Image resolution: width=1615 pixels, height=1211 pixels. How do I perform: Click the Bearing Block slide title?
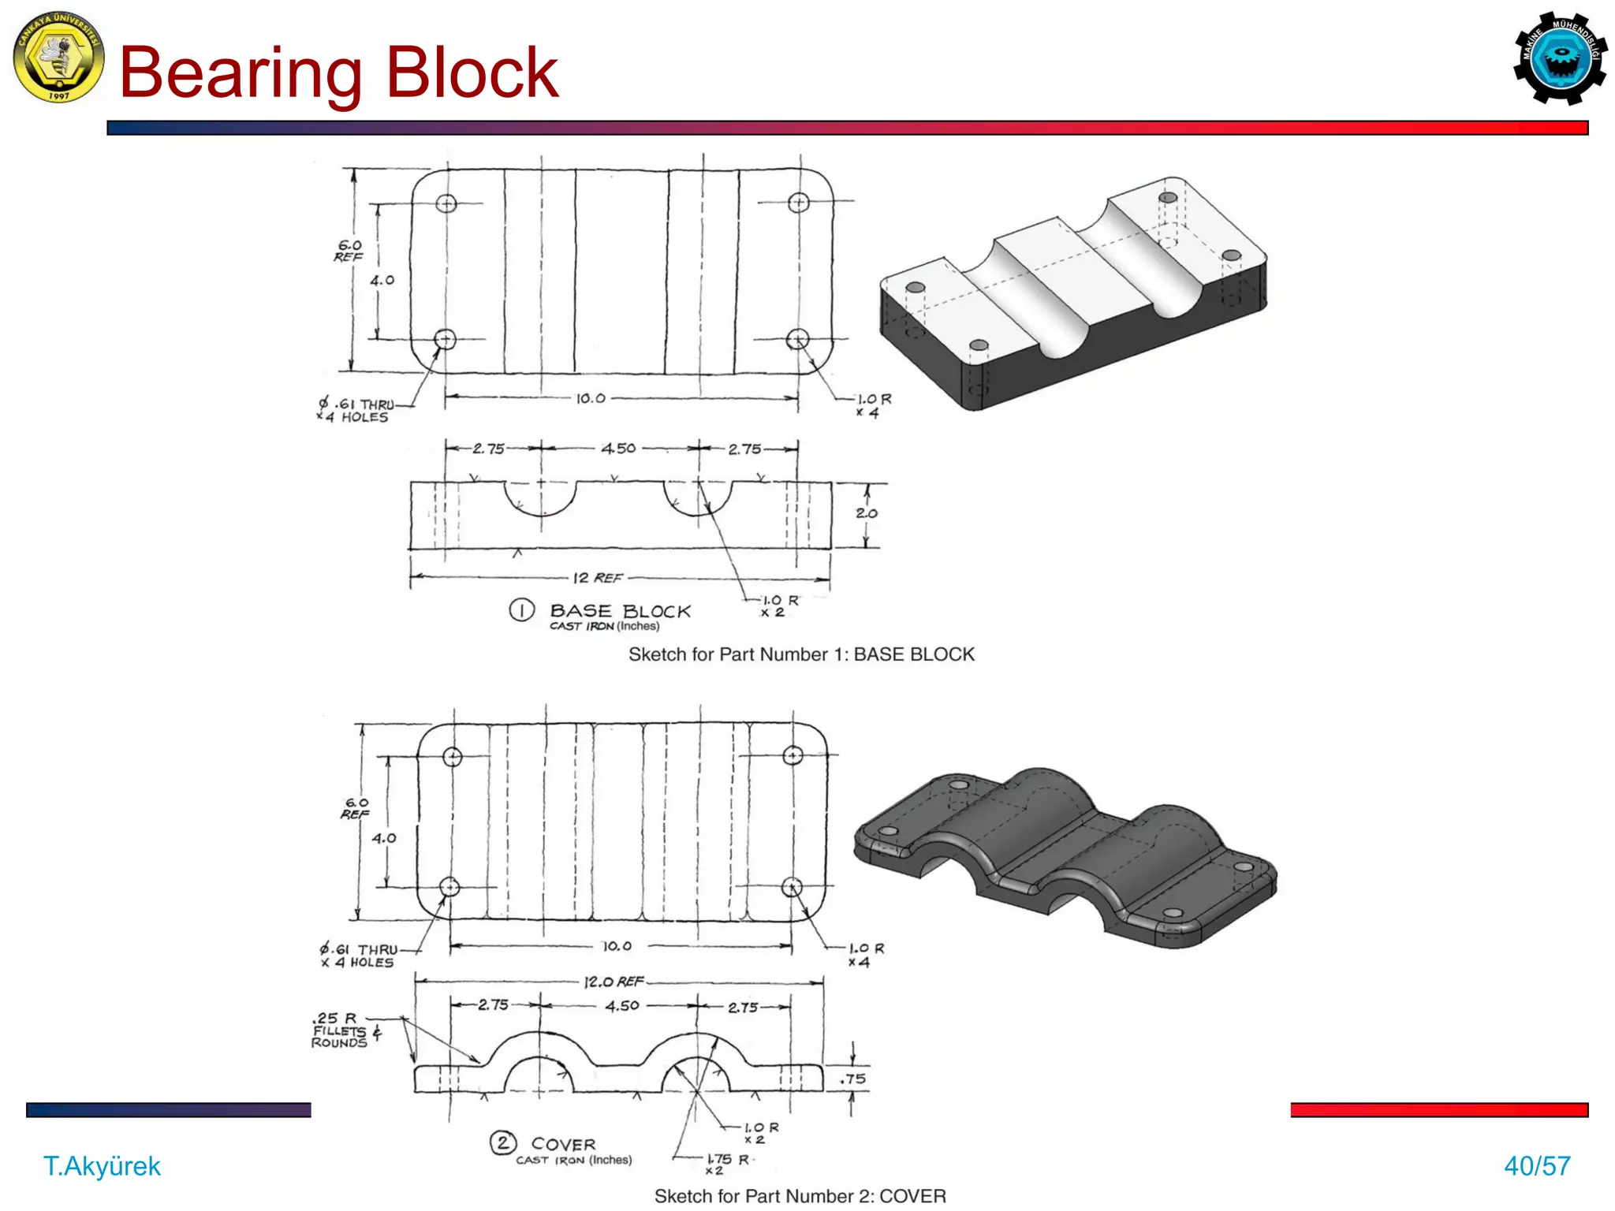pos(339,73)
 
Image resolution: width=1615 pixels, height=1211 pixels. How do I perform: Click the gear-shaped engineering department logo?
pos(1560,58)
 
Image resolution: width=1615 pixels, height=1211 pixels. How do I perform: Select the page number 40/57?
pos(1537,1166)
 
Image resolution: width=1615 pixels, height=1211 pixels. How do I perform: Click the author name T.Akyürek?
pos(102,1166)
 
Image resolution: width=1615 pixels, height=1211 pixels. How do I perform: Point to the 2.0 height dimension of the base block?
pos(866,513)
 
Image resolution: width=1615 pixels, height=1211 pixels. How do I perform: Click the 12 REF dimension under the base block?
pos(597,578)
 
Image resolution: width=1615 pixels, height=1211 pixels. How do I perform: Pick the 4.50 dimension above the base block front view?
pos(618,449)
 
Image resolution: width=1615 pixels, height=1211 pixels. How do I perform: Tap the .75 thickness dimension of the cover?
pos(852,1079)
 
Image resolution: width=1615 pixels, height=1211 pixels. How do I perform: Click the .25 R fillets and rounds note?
pos(341,1030)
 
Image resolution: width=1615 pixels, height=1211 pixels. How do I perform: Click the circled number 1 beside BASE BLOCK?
pos(521,610)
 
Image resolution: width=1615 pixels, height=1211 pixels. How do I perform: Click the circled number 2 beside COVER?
pos(503,1142)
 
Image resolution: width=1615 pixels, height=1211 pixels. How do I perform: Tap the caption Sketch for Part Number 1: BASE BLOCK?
pos(801,654)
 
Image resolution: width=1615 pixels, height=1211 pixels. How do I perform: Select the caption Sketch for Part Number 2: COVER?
pos(800,1196)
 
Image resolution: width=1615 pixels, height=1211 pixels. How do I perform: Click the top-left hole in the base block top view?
pos(446,203)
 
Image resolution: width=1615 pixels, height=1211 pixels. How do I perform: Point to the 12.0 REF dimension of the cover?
pos(614,982)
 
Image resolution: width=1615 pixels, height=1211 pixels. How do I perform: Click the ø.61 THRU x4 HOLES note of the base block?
pos(355,410)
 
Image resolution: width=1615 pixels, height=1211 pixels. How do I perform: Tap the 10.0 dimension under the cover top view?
pos(617,946)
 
